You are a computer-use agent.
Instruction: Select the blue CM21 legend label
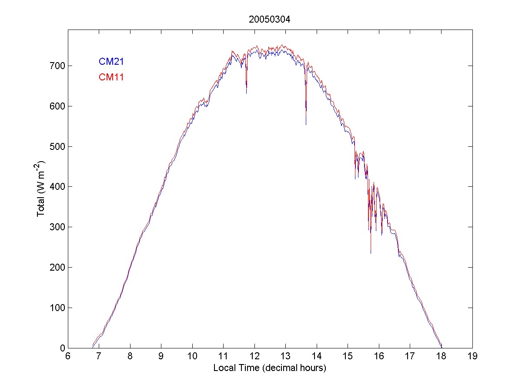[x=111, y=62]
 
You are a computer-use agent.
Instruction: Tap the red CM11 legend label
[x=111, y=77]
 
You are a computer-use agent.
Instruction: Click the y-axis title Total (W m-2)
[x=42, y=189]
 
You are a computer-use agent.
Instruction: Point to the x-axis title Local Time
[x=270, y=368]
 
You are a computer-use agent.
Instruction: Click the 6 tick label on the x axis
[x=68, y=357]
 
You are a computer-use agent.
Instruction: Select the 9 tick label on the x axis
[x=161, y=357]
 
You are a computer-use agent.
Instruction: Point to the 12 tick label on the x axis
[x=254, y=357]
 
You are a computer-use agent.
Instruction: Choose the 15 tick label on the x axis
[x=348, y=357]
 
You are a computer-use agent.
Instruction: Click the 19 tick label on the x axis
[x=472, y=357]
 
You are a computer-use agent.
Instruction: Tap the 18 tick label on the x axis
[x=441, y=357]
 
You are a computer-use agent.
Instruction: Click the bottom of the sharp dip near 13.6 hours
[x=306, y=125]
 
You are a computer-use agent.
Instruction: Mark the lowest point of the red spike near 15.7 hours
[x=371, y=253]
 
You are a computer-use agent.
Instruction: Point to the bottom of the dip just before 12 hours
[x=246, y=93]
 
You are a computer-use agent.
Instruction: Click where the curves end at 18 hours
[x=442, y=347]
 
